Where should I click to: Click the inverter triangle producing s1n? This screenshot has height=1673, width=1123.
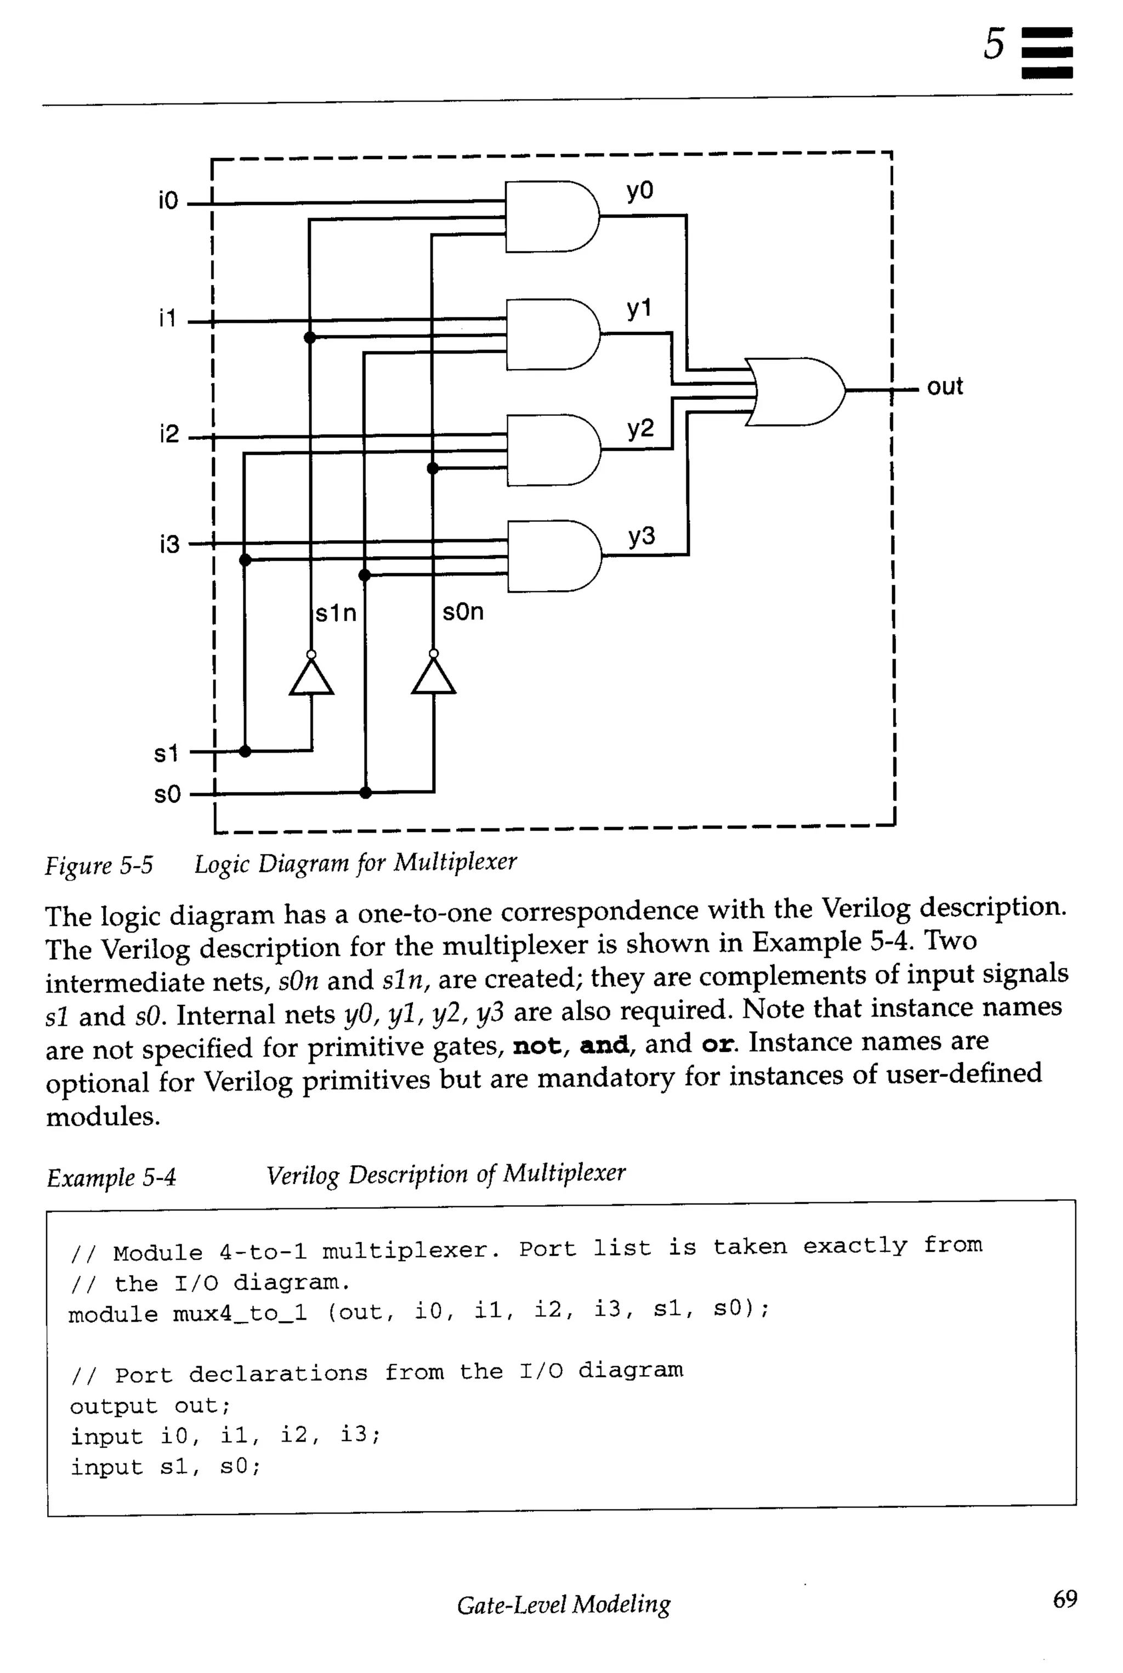pyautogui.click(x=311, y=677)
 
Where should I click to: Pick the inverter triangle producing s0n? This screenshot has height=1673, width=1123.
pyautogui.click(x=433, y=677)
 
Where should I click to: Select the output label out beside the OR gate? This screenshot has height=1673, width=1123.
pyautogui.click(x=945, y=387)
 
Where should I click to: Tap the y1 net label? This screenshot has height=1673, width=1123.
pyautogui.click(x=639, y=309)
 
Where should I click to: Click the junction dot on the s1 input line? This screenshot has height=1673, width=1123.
pyautogui.click(x=245, y=751)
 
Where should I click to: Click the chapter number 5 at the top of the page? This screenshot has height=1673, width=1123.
pyautogui.click(x=994, y=44)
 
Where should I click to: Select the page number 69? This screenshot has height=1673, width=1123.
pyautogui.click(x=1065, y=1599)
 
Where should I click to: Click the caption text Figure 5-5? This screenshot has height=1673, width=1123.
pyautogui.click(x=99, y=866)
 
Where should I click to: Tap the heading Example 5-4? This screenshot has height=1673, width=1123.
pyautogui.click(x=111, y=1178)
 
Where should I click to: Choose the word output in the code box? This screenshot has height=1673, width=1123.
pyautogui.click(x=113, y=1406)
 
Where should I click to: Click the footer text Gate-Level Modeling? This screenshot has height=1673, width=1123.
pyautogui.click(x=564, y=1604)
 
